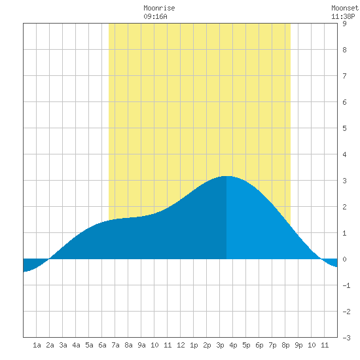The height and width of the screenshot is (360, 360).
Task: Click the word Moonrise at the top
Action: (x=159, y=8)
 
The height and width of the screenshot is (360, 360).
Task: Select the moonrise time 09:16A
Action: (x=155, y=16)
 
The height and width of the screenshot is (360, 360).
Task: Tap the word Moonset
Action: (x=345, y=8)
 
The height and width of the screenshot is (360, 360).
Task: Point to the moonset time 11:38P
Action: (x=343, y=16)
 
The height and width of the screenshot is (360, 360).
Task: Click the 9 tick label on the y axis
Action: (x=344, y=24)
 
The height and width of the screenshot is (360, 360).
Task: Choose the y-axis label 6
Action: (x=344, y=102)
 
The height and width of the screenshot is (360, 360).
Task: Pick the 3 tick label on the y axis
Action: (x=344, y=181)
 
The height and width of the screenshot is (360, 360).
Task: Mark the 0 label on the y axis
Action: (x=344, y=259)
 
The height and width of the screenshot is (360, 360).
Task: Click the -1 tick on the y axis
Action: (x=346, y=285)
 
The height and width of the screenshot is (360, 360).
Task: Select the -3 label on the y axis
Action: (x=346, y=338)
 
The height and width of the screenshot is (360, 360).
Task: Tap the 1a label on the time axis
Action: (x=37, y=345)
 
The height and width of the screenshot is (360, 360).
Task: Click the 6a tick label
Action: (x=102, y=345)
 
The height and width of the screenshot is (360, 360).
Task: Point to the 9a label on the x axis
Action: (x=141, y=345)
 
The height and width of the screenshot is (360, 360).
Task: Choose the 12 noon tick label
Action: (x=181, y=345)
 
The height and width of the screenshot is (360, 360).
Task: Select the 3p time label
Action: (x=220, y=345)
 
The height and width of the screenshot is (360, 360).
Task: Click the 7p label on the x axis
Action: (x=272, y=345)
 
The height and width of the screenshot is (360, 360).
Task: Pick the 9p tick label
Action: (x=298, y=345)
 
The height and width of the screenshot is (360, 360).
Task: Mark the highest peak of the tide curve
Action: (x=226, y=176)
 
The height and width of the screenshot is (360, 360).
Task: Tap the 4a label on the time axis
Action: (x=76, y=345)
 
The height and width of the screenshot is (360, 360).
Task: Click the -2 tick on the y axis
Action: (x=346, y=312)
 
